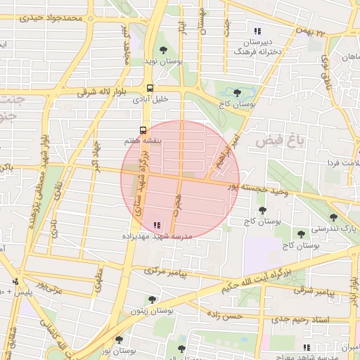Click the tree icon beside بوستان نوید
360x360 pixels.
click(x=163, y=50)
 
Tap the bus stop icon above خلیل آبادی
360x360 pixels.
click(x=150, y=89)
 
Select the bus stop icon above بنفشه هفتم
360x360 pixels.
click(x=143, y=130)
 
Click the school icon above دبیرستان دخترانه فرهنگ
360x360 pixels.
click(x=257, y=31)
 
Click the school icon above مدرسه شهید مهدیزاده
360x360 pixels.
click(x=157, y=225)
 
